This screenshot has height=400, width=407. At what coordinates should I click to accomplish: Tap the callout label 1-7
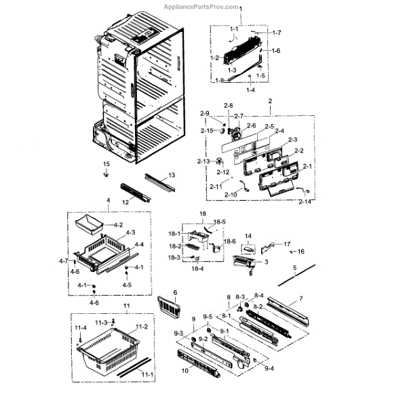click(276, 33)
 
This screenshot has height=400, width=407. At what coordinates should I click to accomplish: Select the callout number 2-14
click(305, 201)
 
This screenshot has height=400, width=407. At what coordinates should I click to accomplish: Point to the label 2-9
click(205, 113)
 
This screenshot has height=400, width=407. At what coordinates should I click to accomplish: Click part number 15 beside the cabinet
click(106, 164)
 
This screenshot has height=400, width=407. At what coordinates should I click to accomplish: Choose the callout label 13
click(172, 175)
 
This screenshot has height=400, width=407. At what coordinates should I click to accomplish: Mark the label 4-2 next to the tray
click(118, 224)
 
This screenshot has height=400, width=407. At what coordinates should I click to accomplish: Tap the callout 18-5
click(220, 222)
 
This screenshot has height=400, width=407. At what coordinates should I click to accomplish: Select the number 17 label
click(287, 244)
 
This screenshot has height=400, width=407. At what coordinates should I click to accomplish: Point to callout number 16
click(301, 252)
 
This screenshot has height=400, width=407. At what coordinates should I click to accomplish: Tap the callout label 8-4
click(259, 296)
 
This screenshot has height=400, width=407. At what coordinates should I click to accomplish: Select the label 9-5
click(209, 317)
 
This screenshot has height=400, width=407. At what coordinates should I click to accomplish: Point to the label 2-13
click(203, 161)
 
